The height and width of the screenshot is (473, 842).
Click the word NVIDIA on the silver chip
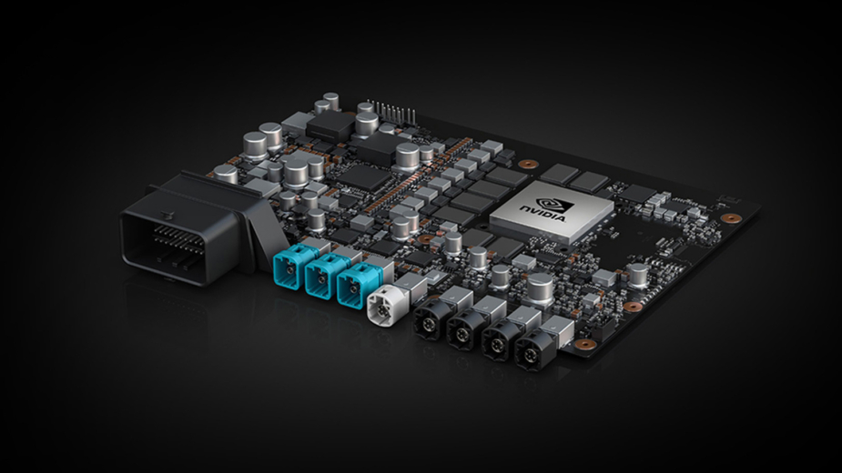[543, 213]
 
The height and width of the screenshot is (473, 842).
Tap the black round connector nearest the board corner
[533, 349]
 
